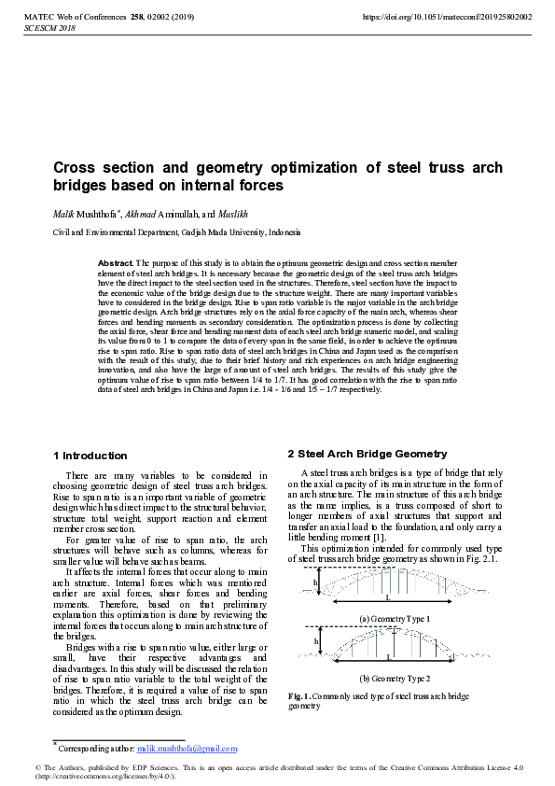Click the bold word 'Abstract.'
click(x=116, y=264)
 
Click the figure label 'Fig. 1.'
click(x=299, y=696)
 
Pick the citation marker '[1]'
click(x=377, y=537)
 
